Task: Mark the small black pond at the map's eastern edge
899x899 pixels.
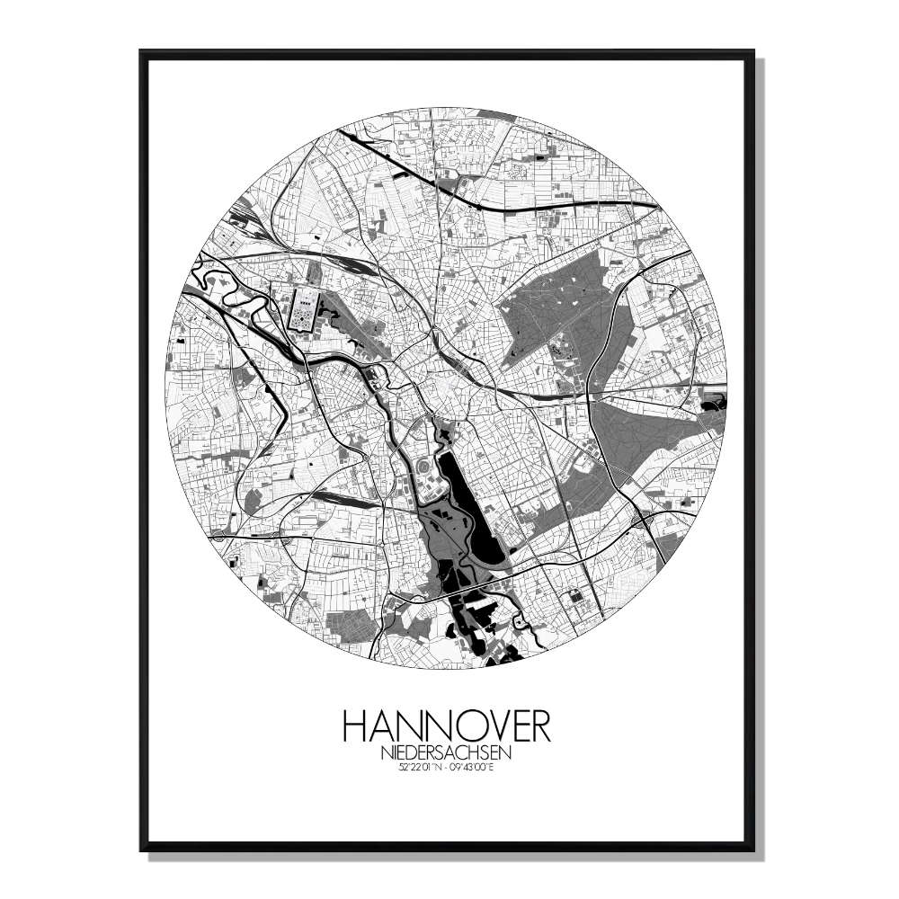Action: tap(716, 402)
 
